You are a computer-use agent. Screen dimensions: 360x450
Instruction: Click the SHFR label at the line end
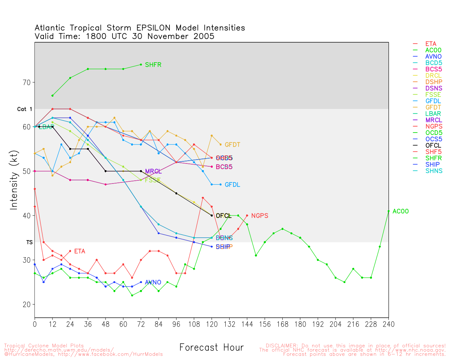[x=153, y=65]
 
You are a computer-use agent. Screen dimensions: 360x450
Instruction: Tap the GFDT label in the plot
[x=232, y=145]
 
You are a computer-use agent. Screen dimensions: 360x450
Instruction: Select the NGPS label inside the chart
[x=259, y=216]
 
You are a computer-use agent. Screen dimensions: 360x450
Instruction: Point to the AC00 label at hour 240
[x=400, y=212]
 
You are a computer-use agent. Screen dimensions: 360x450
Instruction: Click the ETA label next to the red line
[x=79, y=251]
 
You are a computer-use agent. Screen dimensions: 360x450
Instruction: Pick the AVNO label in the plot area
[x=153, y=282]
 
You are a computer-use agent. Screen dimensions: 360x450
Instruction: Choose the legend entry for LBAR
[x=433, y=114]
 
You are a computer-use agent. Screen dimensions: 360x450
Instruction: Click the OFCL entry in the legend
[x=433, y=146]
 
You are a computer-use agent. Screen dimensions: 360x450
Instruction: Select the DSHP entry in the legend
[x=433, y=82]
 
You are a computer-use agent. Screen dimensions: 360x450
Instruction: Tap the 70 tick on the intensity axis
[x=27, y=83]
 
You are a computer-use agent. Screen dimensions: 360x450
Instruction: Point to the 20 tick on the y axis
[x=27, y=304]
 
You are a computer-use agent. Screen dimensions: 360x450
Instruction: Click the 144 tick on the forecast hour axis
[x=247, y=324]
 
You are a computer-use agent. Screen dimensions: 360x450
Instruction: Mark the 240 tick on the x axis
[x=388, y=324]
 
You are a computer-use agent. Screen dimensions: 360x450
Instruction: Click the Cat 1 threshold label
[x=25, y=109]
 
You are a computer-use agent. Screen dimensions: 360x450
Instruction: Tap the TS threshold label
[x=29, y=243]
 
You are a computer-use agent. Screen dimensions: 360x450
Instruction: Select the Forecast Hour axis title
[x=211, y=348]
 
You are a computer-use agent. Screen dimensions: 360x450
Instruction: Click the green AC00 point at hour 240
[x=388, y=211]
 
